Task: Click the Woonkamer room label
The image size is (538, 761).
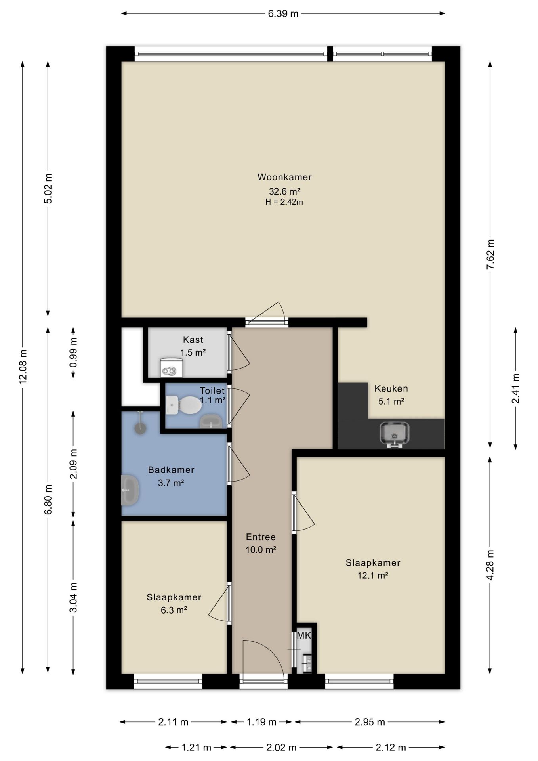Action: [x=284, y=177]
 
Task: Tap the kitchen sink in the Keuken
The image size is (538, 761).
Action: [x=394, y=434]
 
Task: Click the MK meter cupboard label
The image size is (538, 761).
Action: [x=304, y=636]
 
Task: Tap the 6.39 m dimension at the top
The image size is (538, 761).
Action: [x=283, y=14]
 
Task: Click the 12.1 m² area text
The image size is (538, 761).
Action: [x=372, y=575]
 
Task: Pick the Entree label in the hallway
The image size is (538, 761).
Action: [x=261, y=537]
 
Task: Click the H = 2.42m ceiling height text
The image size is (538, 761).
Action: [x=284, y=202]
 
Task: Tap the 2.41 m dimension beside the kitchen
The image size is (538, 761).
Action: [x=515, y=388]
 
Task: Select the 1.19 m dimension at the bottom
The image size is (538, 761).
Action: [x=261, y=722]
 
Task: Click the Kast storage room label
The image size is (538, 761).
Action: [x=193, y=340]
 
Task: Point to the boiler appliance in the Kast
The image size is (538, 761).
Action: [x=171, y=367]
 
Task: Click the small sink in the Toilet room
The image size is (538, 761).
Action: [x=210, y=421]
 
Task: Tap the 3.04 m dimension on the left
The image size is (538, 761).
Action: [x=73, y=597]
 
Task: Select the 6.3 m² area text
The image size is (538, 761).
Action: [x=174, y=610]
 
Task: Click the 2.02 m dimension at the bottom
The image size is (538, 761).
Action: [x=281, y=748]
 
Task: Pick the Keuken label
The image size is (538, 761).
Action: [x=391, y=388]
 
